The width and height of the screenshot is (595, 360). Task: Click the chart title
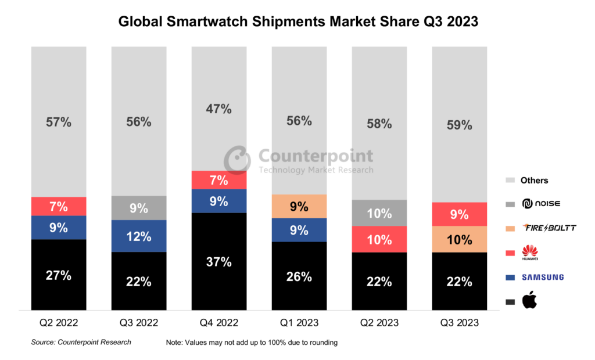pyautogui.click(x=298, y=21)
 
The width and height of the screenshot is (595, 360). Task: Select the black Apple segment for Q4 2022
pyautogui.click(x=218, y=261)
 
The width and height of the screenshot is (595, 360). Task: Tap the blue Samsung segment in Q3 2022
pyautogui.click(x=139, y=236)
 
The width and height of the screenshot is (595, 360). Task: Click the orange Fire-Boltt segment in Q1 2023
pyautogui.click(x=299, y=206)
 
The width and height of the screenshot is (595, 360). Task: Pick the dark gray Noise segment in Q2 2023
pyautogui.click(x=379, y=213)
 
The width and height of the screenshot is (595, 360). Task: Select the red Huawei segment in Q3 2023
pyautogui.click(x=459, y=214)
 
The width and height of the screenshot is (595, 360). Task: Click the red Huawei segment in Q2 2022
pyautogui.click(x=59, y=206)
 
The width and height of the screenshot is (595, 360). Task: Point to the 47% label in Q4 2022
pyautogui.click(x=218, y=109)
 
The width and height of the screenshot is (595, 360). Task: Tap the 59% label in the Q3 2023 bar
pyautogui.click(x=459, y=124)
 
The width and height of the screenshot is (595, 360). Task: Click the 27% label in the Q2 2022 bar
pyautogui.click(x=59, y=275)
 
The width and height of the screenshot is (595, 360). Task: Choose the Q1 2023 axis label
pyautogui.click(x=299, y=323)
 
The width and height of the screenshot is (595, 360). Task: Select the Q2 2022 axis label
pyautogui.click(x=59, y=323)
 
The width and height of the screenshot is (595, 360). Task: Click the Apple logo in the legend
pyautogui.click(x=529, y=300)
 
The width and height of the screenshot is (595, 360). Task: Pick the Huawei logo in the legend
pyautogui.click(x=529, y=253)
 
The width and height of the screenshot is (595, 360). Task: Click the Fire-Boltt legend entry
pyautogui.click(x=548, y=228)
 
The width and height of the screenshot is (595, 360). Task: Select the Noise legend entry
pyautogui.click(x=540, y=204)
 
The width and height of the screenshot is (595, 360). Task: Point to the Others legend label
pyautogui.click(x=534, y=180)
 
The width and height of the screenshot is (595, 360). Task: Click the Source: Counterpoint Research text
pyautogui.click(x=81, y=343)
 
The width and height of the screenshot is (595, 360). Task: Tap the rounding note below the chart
pyautogui.click(x=252, y=343)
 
